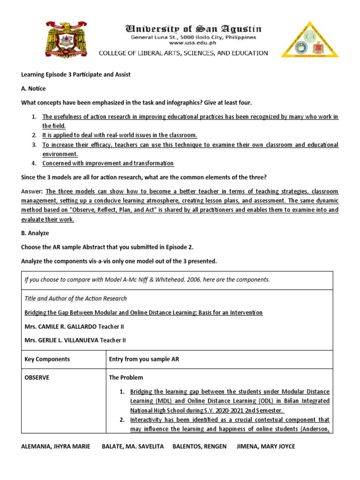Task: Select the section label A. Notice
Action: coord(34,89)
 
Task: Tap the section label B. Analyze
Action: coord(35,233)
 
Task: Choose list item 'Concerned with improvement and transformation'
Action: coord(108,163)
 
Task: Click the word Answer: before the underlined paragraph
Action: coord(32,191)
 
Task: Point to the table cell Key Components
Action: coord(47,359)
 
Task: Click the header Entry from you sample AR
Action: coord(144,359)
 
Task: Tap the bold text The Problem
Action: coord(126,377)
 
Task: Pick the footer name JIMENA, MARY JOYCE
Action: coord(267,446)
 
